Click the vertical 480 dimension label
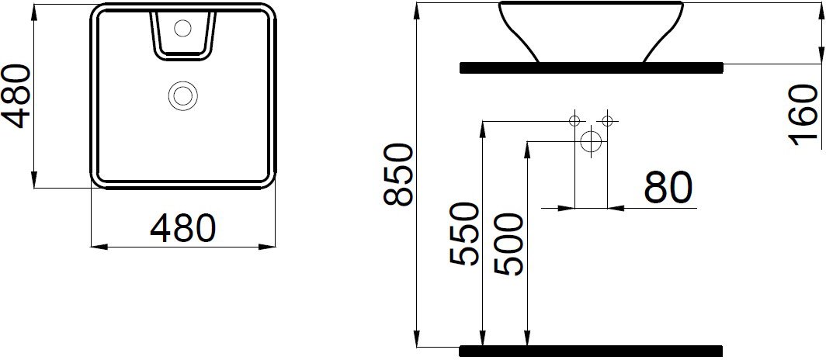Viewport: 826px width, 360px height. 16,95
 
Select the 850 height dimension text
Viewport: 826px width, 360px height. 400,175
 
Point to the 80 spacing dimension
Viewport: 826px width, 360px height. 668,189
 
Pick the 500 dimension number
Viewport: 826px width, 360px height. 509,244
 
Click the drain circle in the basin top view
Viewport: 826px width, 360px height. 183,96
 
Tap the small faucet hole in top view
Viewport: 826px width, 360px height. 183,29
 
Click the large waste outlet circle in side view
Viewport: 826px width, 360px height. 591,142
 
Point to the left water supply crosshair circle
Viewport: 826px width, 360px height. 574,120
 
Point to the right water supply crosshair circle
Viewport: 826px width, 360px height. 607,120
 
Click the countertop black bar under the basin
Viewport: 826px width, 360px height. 591,67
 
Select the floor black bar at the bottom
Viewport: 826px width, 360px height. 591,350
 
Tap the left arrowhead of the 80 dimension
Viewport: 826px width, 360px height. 568,207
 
